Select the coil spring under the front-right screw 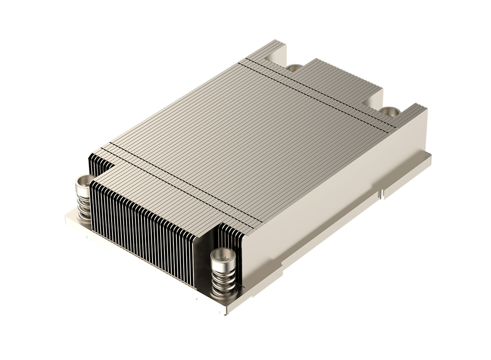(x=223, y=278)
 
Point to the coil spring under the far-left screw (x=83, y=202)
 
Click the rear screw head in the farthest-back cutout (x=294, y=67)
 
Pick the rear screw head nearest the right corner (x=389, y=111)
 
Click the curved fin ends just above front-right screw (x=231, y=235)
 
